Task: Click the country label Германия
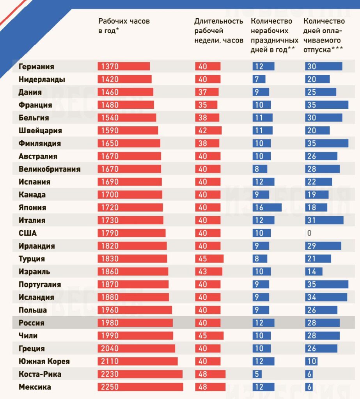[36, 67]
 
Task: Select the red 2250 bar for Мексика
[140, 387]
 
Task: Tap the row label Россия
[32, 323]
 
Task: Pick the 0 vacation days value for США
[309, 233]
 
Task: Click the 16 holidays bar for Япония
[267, 208]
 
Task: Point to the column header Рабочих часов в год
[124, 26]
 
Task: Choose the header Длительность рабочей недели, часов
[219, 30]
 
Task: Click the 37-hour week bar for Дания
[207, 92]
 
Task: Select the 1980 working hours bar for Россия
[135, 323]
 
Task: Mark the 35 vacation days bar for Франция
[326, 105]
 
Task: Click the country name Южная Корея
[44, 362]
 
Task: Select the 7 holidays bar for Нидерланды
[259, 79]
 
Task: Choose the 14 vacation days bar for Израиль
[314, 272]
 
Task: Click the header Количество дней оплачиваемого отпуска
[324, 35]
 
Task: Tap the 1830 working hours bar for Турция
[132, 259]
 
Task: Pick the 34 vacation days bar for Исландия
[326, 297]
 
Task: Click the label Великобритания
[50, 169]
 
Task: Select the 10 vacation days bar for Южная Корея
[311, 362]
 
